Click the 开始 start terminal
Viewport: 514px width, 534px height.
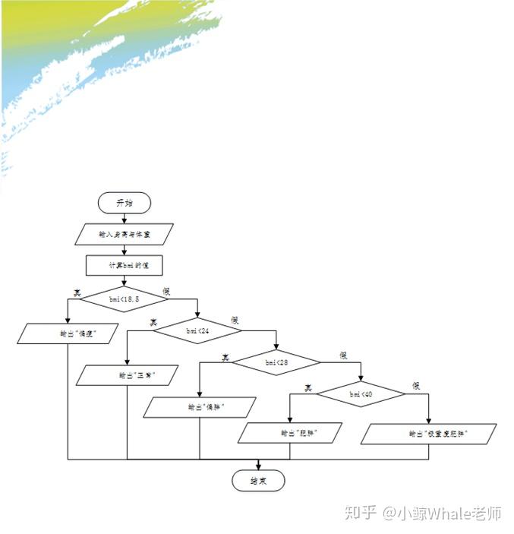pyautogui.click(x=125, y=202)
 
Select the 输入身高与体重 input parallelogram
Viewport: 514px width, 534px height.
pyautogui.click(x=125, y=234)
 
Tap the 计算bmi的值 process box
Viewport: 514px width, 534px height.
pyautogui.click(x=125, y=265)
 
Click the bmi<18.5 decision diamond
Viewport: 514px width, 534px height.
pyautogui.click(x=125, y=299)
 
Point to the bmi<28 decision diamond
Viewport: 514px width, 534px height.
pyautogui.click(x=276, y=362)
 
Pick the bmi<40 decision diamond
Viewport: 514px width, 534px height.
pyautogui.click(x=361, y=394)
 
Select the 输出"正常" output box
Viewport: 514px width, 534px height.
pyautogui.click(x=128, y=375)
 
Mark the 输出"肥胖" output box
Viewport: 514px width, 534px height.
pyautogui.click(x=290, y=433)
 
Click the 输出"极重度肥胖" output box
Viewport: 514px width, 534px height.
pyautogui.click(x=429, y=434)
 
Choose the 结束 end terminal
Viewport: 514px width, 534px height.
pyautogui.click(x=258, y=481)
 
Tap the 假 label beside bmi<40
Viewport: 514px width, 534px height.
pyautogui.click(x=415, y=387)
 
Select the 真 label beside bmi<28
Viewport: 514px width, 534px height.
pyautogui.click(x=225, y=355)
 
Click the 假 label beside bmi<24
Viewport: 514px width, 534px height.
pyautogui.click(x=235, y=321)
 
